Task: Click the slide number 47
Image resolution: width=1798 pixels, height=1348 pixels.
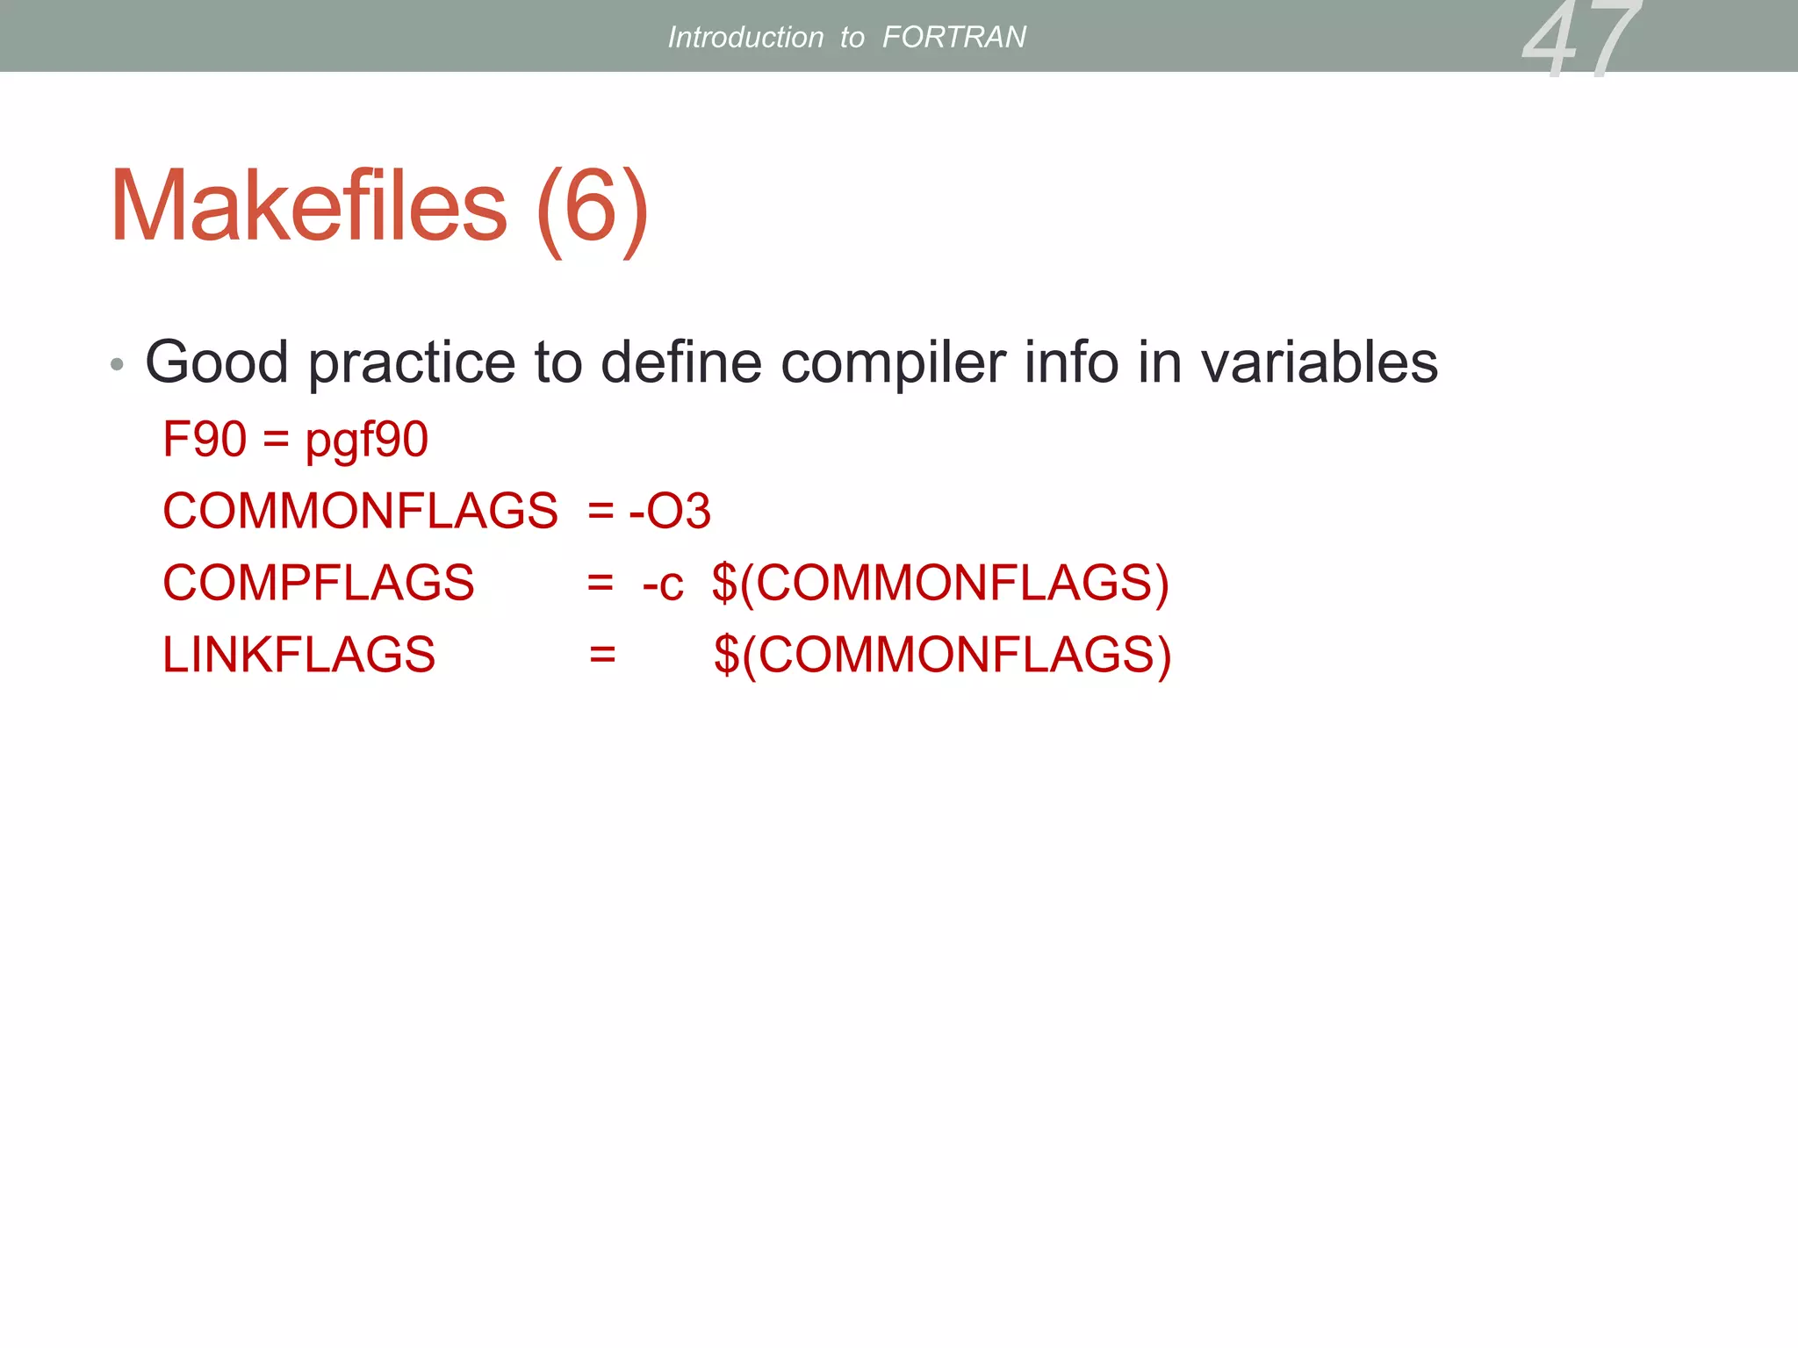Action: [1579, 39]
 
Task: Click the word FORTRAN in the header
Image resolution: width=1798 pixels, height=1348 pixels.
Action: [953, 37]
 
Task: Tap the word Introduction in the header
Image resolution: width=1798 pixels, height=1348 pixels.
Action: [745, 37]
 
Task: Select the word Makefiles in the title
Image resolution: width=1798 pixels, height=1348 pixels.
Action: [309, 207]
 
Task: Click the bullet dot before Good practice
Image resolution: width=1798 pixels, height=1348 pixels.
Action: [117, 364]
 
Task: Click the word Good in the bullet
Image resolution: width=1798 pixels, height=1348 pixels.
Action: [217, 362]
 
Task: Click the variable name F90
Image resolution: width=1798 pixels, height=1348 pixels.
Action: [205, 439]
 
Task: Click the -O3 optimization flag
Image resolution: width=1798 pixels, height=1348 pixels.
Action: [669, 511]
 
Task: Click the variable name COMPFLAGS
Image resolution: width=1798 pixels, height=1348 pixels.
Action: [318, 583]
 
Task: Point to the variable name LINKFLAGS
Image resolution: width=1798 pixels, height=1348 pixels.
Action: [298, 655]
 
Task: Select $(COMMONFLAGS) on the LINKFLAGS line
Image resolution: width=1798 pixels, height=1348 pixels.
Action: [942, 655]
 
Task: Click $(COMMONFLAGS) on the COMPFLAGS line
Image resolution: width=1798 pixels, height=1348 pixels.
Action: [940, 583]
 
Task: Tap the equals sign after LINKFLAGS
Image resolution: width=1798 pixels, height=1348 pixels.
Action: [602, 655]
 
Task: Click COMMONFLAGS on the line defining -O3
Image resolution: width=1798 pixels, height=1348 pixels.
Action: [360, 511]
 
